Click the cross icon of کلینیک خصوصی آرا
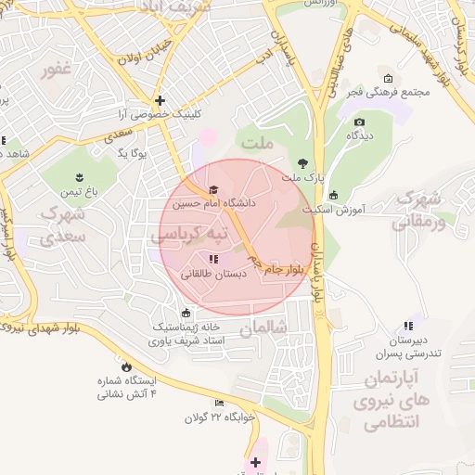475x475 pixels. [160, 100]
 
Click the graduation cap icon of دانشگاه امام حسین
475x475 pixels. [213, 189]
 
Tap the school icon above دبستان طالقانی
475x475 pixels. [213, 260]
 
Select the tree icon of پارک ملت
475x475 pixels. [302, 163]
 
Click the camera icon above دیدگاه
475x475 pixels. [359, 122]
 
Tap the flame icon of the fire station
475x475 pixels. [126, 366]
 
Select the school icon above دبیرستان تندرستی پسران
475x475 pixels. [407, 327]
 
